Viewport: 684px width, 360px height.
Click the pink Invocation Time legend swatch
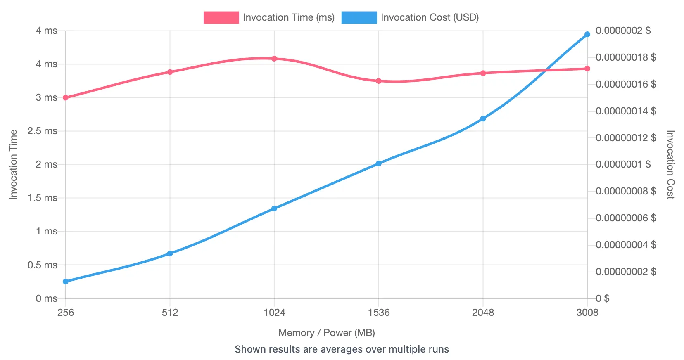221,17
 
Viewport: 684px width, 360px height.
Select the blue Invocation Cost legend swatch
359,17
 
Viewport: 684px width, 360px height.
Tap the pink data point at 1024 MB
274,59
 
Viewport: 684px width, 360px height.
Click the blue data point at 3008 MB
587,34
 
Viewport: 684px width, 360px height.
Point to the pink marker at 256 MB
65,98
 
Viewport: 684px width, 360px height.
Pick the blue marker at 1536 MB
378,163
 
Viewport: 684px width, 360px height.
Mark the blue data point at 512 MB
170,253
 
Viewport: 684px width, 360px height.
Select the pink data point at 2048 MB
483,73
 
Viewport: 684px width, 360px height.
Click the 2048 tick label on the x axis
483,313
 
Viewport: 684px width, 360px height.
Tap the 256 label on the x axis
65,313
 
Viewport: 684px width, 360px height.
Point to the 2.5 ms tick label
42,131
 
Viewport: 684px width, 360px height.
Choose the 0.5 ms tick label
42,265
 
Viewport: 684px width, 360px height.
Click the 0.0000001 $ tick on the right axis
623,164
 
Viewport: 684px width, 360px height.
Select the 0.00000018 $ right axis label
626,57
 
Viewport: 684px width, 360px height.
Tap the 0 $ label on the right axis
603,298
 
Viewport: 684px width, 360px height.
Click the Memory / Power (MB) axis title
326,333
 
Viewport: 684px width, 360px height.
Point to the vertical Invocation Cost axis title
670,165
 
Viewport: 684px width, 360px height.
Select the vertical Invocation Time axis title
14,165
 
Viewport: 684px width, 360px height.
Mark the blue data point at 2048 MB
483,119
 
